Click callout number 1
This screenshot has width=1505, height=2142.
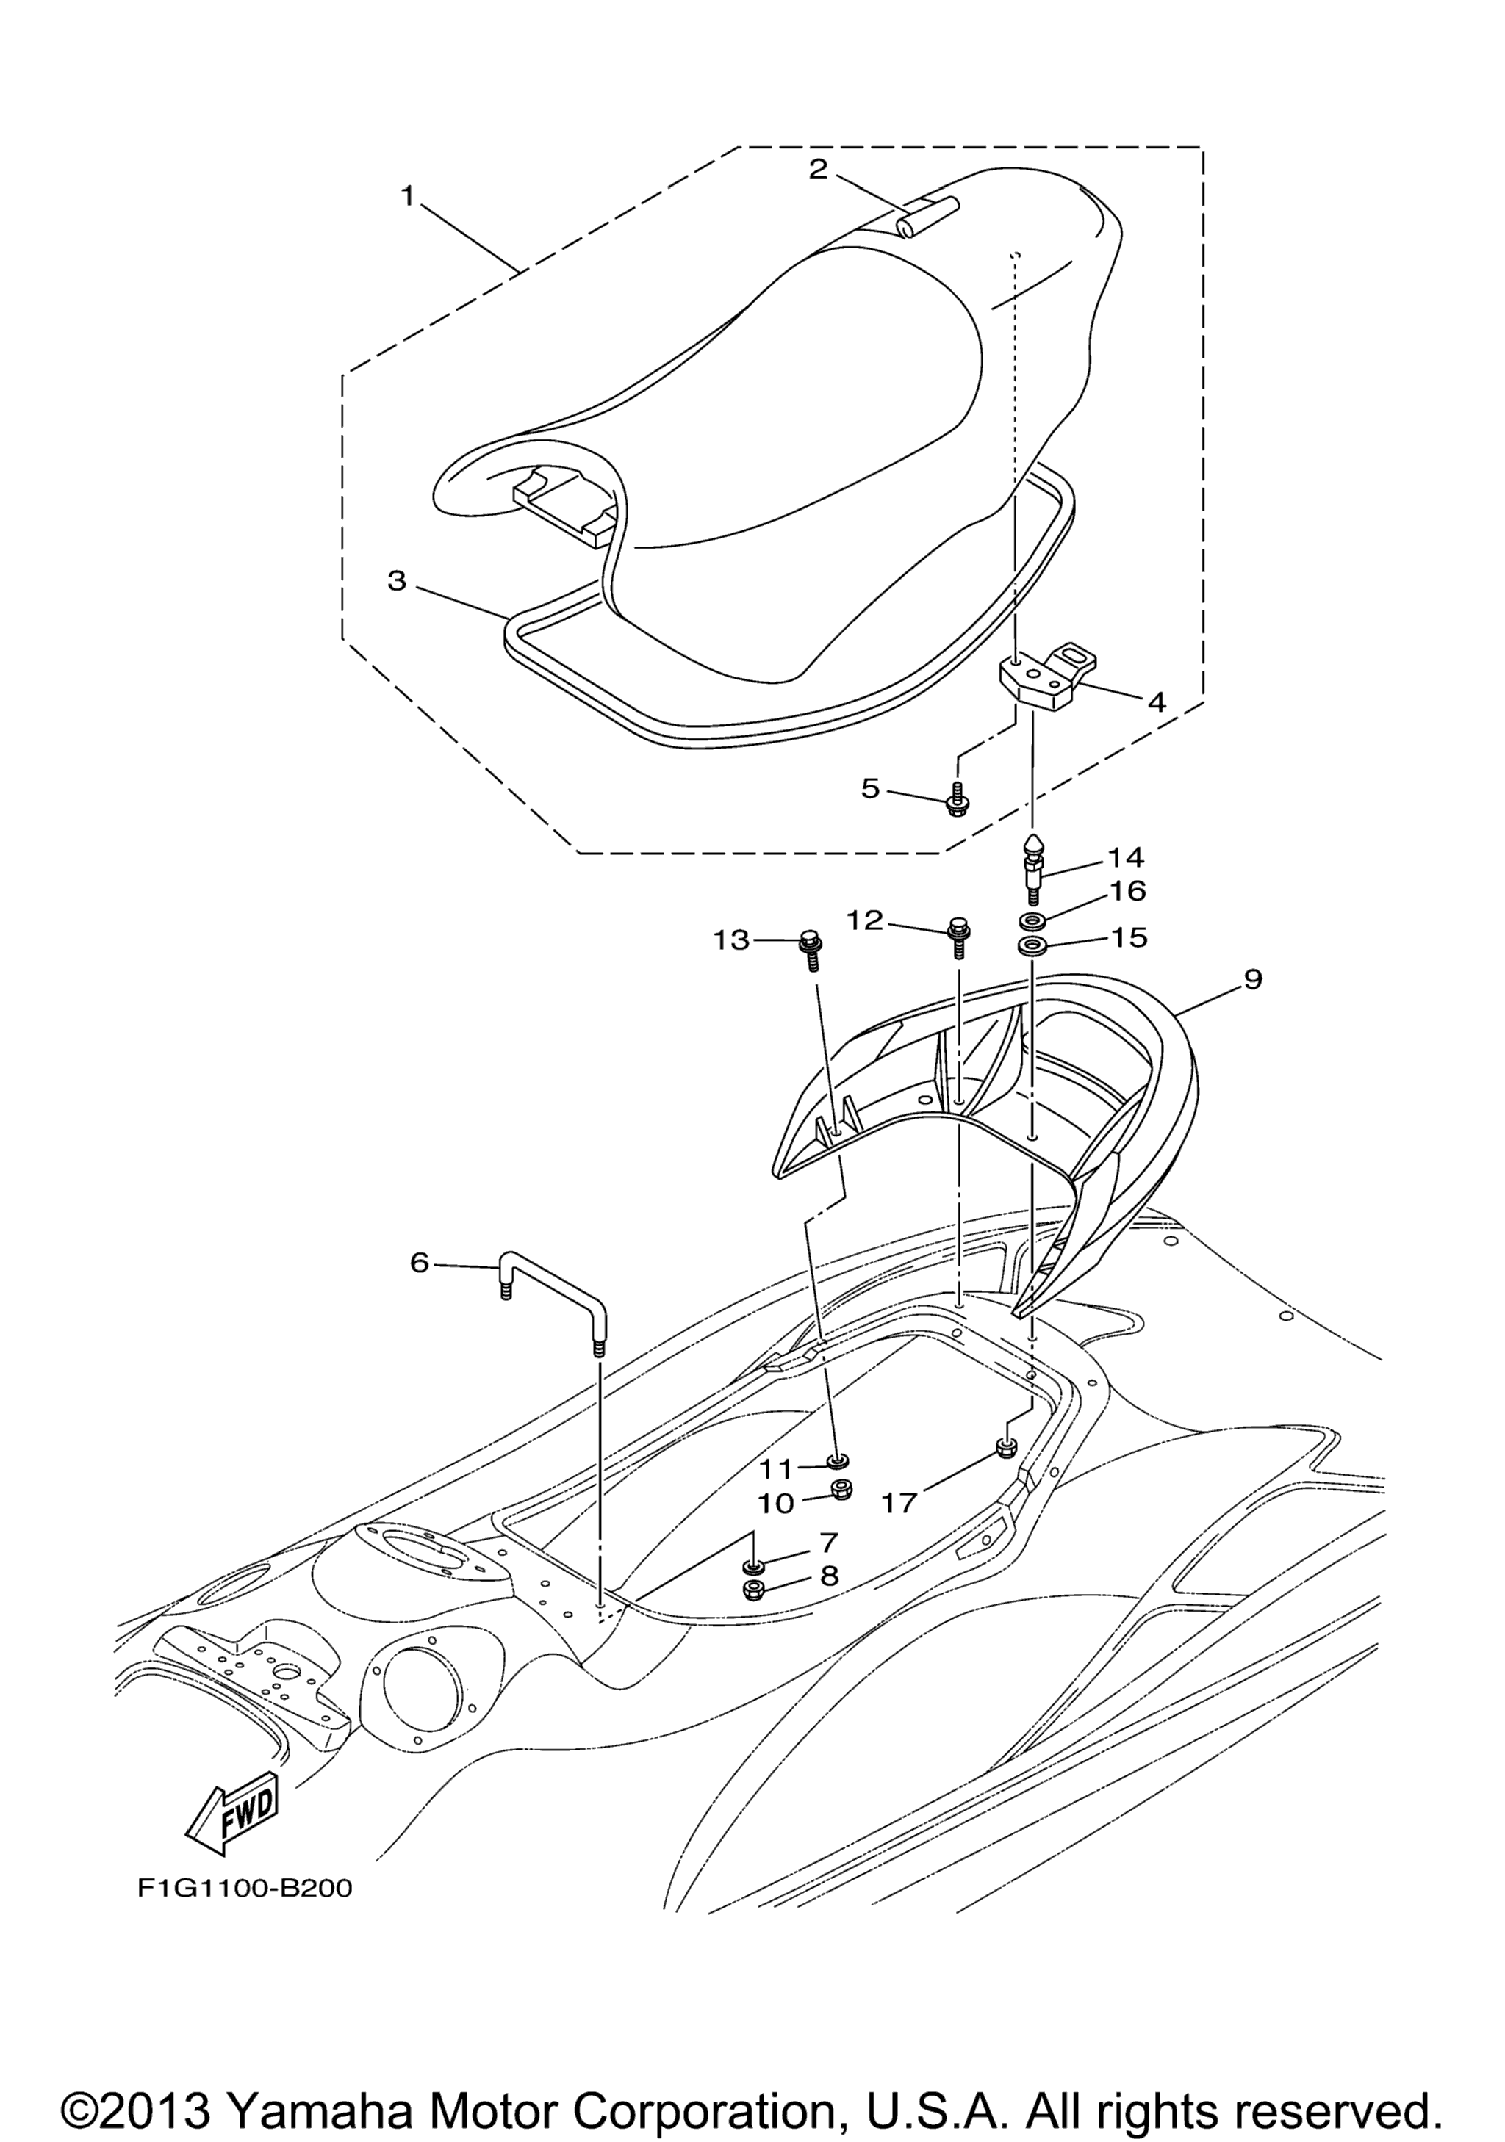pos(407,196)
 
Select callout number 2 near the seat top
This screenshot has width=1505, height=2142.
pos(817,170)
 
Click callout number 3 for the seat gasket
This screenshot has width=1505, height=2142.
pos(398,580)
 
